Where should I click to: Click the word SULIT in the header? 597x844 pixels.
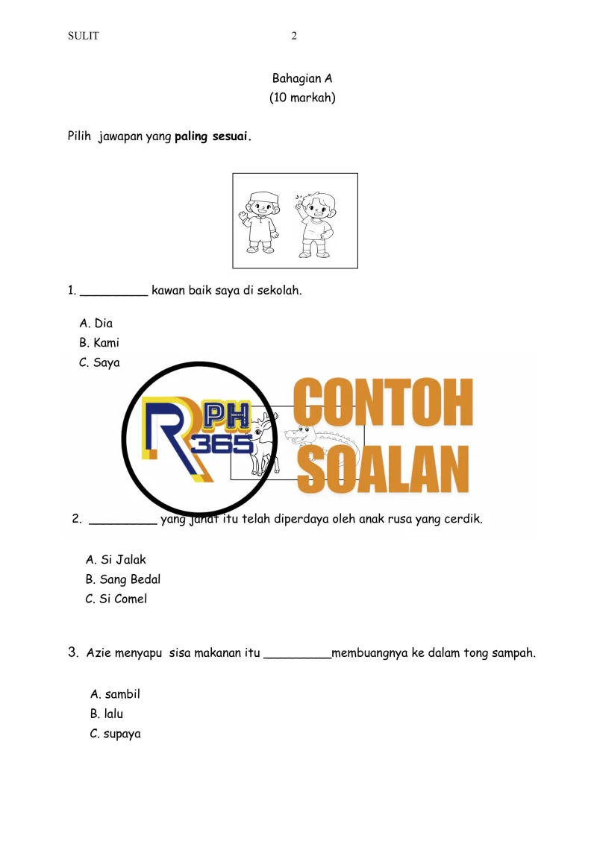click(83, 36)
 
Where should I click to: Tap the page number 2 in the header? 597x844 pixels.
click(294, 36)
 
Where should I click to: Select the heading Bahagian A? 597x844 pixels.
click(302, 78)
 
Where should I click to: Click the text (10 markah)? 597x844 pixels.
click(302, 98)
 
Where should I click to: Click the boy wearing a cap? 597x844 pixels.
click(261, 221)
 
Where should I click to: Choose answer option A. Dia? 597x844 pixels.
click(96, 324)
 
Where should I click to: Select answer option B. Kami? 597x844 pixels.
click(99, 343)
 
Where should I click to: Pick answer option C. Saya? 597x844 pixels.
click(99, 363)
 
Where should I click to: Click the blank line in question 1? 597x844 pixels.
click(113, 292)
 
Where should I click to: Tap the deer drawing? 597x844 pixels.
click(263, 447)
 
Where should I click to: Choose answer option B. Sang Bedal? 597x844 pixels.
click(123, 579)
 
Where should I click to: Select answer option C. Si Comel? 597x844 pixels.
click(116, 599)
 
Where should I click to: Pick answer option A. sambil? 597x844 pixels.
click(115, 694)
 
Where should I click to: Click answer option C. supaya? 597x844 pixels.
click(115, 734)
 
